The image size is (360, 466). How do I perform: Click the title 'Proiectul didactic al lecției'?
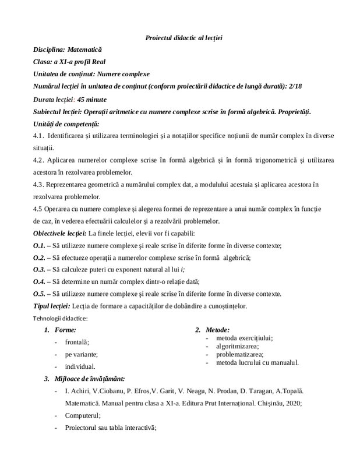tap(183, 38)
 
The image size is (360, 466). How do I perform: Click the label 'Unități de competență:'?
tap(67, 123)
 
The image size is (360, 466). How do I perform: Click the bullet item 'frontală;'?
tap(77, 343)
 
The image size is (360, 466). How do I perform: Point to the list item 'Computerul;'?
tap(83, 415)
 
